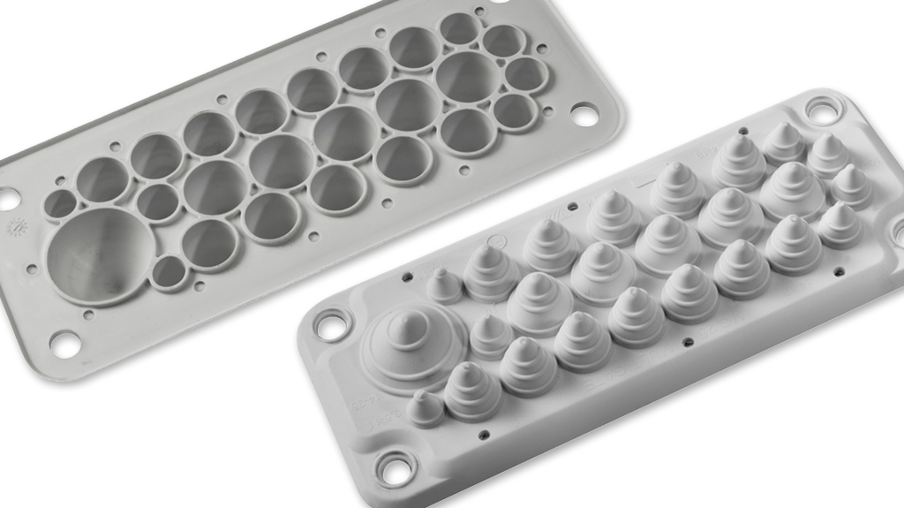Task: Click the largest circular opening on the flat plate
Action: pyautogui.click(x=100, y=255)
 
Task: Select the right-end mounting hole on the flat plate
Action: pyautogui.click(x=584, y=111)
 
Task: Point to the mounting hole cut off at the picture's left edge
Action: pyautogui.click(x=7, y=199)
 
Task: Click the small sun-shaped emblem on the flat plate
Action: pyautogui.click(x=15, y=229)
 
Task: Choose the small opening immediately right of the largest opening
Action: pyautogui.click(x=169, y=272)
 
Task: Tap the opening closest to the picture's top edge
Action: pyautogui.click(x=460, y=28)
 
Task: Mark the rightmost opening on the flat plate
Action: pyautogui.click(x=526, y=75)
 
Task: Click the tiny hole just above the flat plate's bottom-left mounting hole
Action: pyautogui.click(x=88, y=314)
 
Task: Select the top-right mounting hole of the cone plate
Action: pyautogui.click(x=820, y=112)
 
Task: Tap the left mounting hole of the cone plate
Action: pyautogui.click(x=333, y=324)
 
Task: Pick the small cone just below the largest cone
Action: pyautogui.click(x=426, y=406)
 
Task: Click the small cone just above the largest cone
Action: pyautogui.click(x=444, y=284)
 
